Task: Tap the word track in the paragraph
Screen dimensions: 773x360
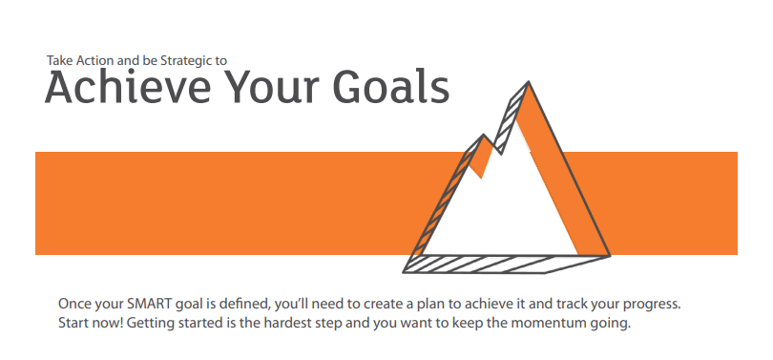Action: [x=570, y=304]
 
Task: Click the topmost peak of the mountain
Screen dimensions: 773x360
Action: [x=529, y=82]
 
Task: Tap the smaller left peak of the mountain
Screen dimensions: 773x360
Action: [x=483, y=135]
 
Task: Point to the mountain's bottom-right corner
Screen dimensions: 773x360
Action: [x=611, y=256]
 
